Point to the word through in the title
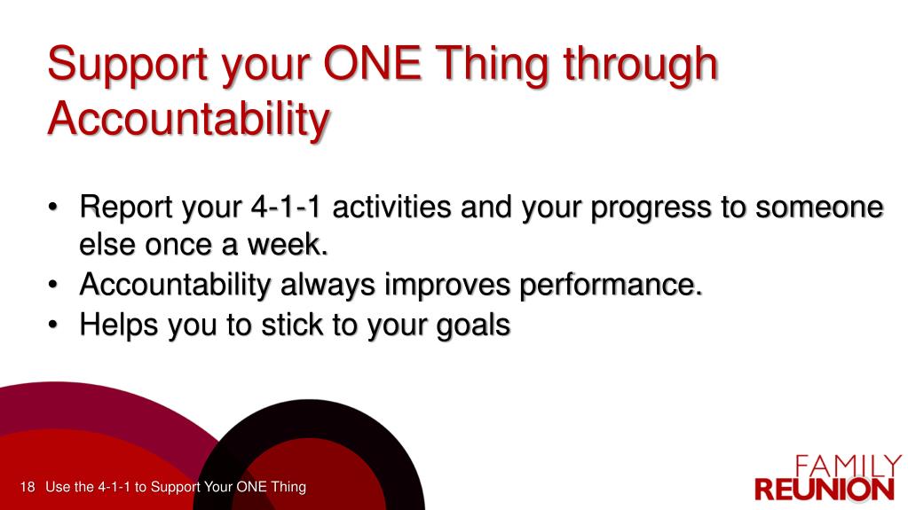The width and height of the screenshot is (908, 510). (x=641, y=66)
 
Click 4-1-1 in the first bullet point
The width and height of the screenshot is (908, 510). (x=286, y=208)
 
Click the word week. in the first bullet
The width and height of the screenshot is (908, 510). (x=288, y=244)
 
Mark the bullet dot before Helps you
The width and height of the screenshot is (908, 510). (x=53, y=326)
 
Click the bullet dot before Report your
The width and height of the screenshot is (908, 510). (x=53, y=208)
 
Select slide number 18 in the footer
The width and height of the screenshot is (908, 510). (x=28, y=487)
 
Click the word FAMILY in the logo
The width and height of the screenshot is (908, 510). (x=848, y=466)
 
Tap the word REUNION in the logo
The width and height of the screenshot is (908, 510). (x=825, y=490)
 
